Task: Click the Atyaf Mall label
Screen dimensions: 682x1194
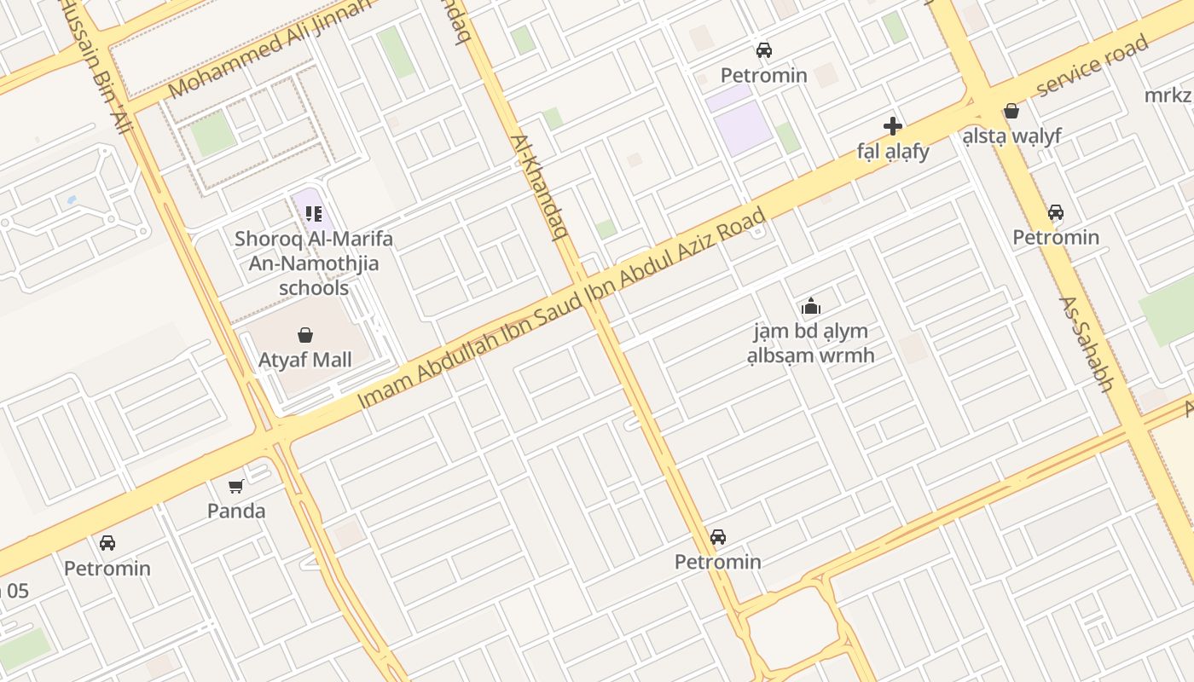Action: tap(304, 360)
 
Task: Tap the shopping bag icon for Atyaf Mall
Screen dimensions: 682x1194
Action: tap(305, 335)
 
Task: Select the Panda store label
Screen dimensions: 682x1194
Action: tap(236, 511)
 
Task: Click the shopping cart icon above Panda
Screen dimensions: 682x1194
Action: tap(236, 486)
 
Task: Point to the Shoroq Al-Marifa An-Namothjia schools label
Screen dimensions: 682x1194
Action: tap(314, 263)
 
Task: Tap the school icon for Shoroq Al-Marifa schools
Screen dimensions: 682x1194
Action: tap(313, 212)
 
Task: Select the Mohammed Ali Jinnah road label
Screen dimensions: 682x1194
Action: tap(270, 49)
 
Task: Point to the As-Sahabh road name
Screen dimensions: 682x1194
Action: tap(1087, 344)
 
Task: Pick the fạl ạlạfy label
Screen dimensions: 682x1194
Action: tap(893, 152)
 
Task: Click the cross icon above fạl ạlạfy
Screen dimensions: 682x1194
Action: tap(893, 126)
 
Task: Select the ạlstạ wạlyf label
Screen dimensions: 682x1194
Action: tap(1011, 136)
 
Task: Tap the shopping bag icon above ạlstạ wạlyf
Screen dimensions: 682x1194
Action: tap(1011, 111)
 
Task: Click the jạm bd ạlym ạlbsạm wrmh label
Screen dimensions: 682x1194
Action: tap(810, 343)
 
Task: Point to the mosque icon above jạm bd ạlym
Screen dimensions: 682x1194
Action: tap(810, 306)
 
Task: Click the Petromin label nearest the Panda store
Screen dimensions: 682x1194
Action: tap(107, 568)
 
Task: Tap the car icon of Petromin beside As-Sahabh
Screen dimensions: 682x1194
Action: tap(1056, 211)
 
